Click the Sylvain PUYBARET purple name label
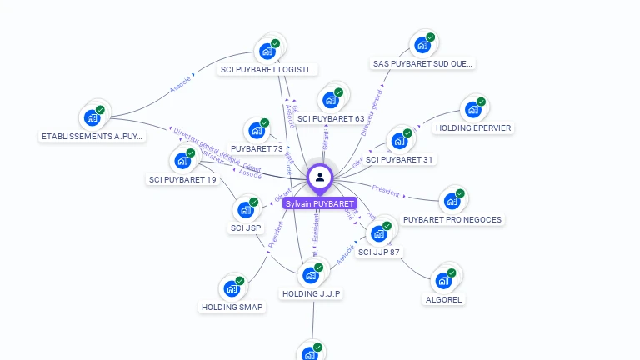(x=319, y=203)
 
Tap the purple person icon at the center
(x=320, y=177)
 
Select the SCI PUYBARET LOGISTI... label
(x=267, y=70)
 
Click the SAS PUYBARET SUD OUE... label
(x=422, y=63)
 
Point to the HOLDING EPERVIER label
(x=473, y=128)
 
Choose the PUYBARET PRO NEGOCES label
(x=452, y=220)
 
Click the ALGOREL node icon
(x=443, y=278)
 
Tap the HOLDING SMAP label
(x=232, y=307)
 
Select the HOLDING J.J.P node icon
(x=311, y=274)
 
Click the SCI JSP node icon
(x=247, y=209)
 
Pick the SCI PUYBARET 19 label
(x=182, y=179)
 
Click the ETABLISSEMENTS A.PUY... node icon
(x=92, y=117)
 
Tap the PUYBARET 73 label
(x=257, y=149)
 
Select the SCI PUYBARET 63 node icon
(x=330, y=100)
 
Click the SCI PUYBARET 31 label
(x=400, y=159)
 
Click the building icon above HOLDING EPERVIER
(x=473, y=109)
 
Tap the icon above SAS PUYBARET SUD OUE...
(x=423, y=45)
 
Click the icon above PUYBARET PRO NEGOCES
(x=452, y=201)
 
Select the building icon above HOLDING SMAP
(x=232, y=289)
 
